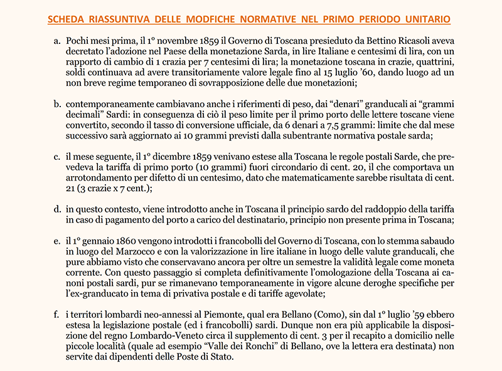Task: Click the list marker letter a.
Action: point(56,39)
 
